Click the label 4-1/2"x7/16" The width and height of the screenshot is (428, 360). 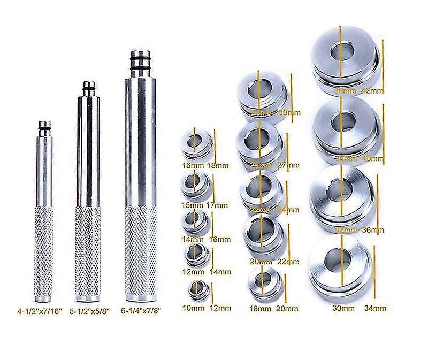coord(40,309)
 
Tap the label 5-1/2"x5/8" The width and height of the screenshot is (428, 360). coord(89,309)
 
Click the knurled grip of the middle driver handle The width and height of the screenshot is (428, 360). coord(89,243)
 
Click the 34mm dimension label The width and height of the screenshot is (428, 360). coord(374,308)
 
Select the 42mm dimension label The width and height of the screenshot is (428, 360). coord(372,91)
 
